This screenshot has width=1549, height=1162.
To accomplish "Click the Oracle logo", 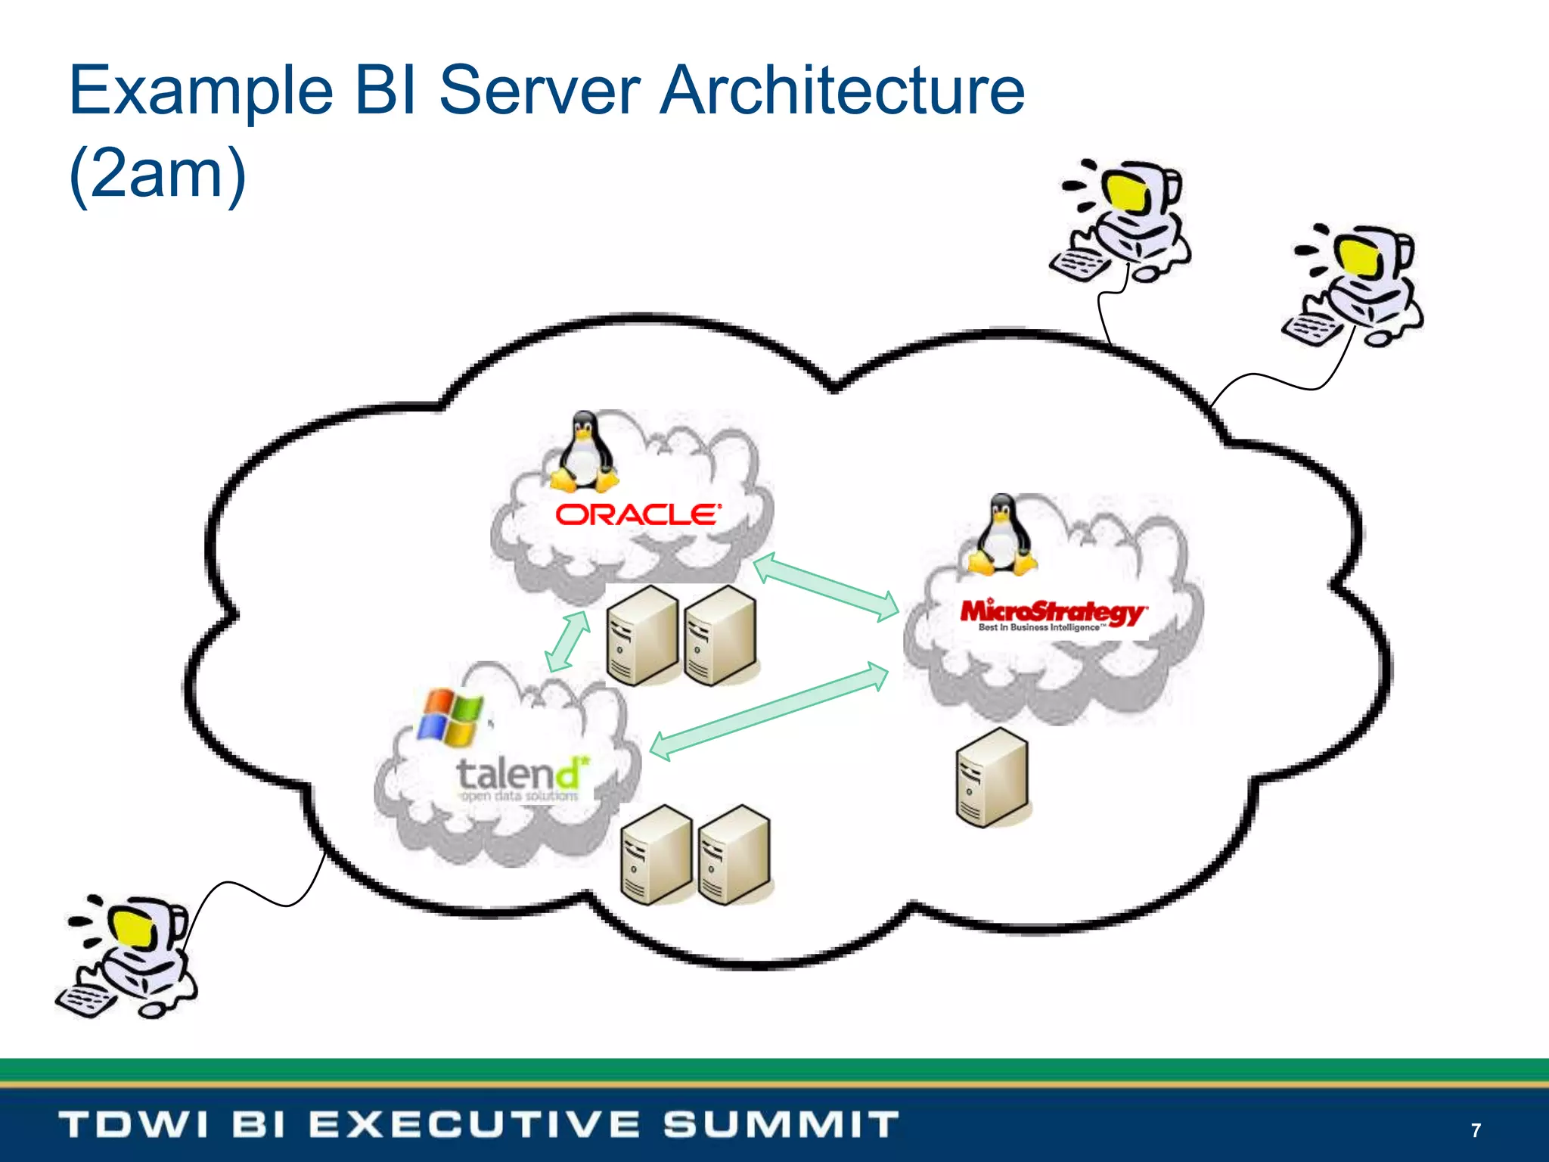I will pyautogui.click(x=638, y=515).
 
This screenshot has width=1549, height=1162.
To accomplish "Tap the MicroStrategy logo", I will pyautogui.click(x=1053, y=614).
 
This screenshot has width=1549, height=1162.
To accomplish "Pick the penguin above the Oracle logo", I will pyautogui.click(x=583, y=452).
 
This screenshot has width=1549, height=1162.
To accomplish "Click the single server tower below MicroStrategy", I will pyautogui.click(x=992, y=778).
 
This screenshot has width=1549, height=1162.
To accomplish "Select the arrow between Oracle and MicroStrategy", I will pyautogui.click(x=826, y=587).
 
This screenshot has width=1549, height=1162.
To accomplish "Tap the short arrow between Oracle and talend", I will pyautogui.click(x=568, y=641).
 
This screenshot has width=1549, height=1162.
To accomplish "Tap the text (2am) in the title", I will pyautogui.click(x=157, y=174).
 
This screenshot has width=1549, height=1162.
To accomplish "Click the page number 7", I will pyautogui.click(x=1476, y=1130).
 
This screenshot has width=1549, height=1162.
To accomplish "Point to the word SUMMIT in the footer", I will pyautogui.click(x=781, y=1124).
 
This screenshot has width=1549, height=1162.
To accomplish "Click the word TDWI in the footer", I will pyautogui.click(x=133, y=1124).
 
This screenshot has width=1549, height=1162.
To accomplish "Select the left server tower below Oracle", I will pyautogui.click(x=642, y=636).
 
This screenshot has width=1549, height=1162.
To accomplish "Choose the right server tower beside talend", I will pyautogui.click(x=734, y=855).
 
